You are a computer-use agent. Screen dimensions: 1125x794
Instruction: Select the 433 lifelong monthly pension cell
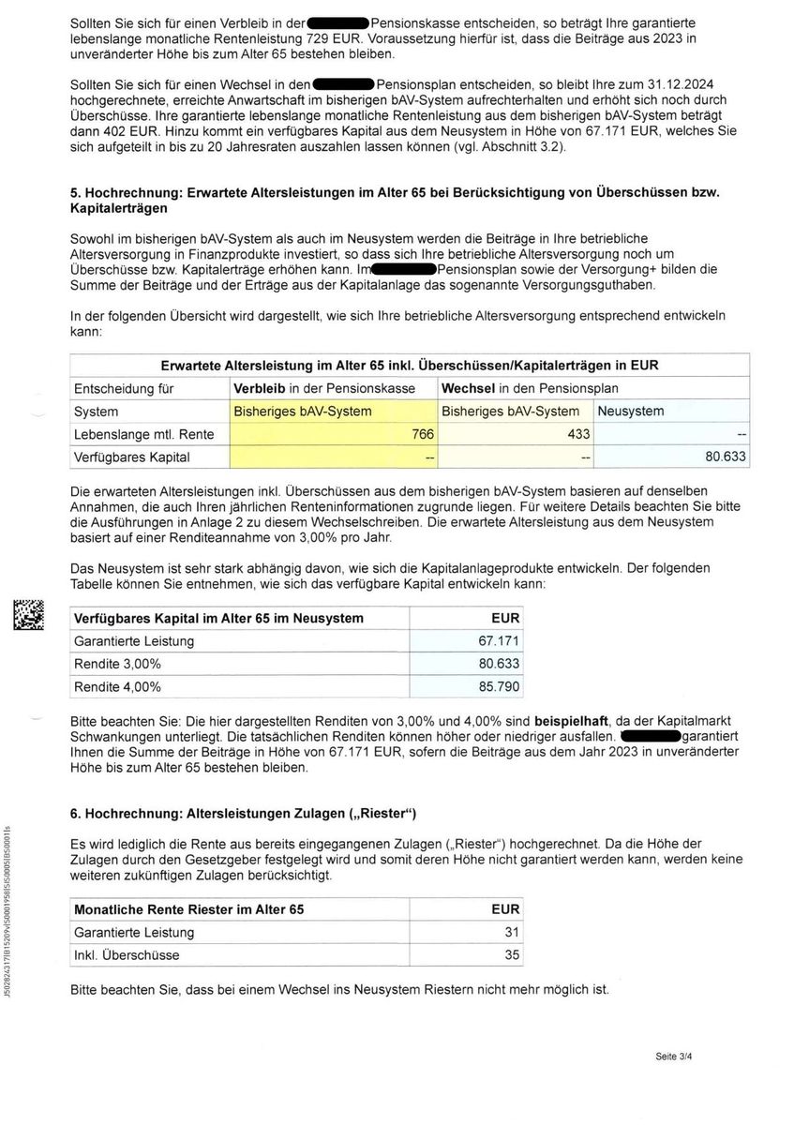click(578, 434)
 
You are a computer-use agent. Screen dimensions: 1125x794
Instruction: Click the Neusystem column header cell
click(630, 411)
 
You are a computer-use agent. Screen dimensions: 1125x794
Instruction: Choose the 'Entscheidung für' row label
click(126, 388)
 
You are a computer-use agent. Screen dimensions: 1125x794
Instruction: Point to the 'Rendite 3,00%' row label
click(117, 664)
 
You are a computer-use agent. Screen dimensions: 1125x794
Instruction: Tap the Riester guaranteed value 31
click(511, 932)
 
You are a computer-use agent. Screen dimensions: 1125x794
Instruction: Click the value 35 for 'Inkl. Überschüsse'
click(511, 955)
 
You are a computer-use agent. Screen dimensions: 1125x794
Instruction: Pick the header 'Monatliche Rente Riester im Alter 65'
click(188, 909)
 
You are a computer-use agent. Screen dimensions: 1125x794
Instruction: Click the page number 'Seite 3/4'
click(674, 1057)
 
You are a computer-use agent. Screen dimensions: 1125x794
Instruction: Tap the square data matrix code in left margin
click(28, 615)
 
